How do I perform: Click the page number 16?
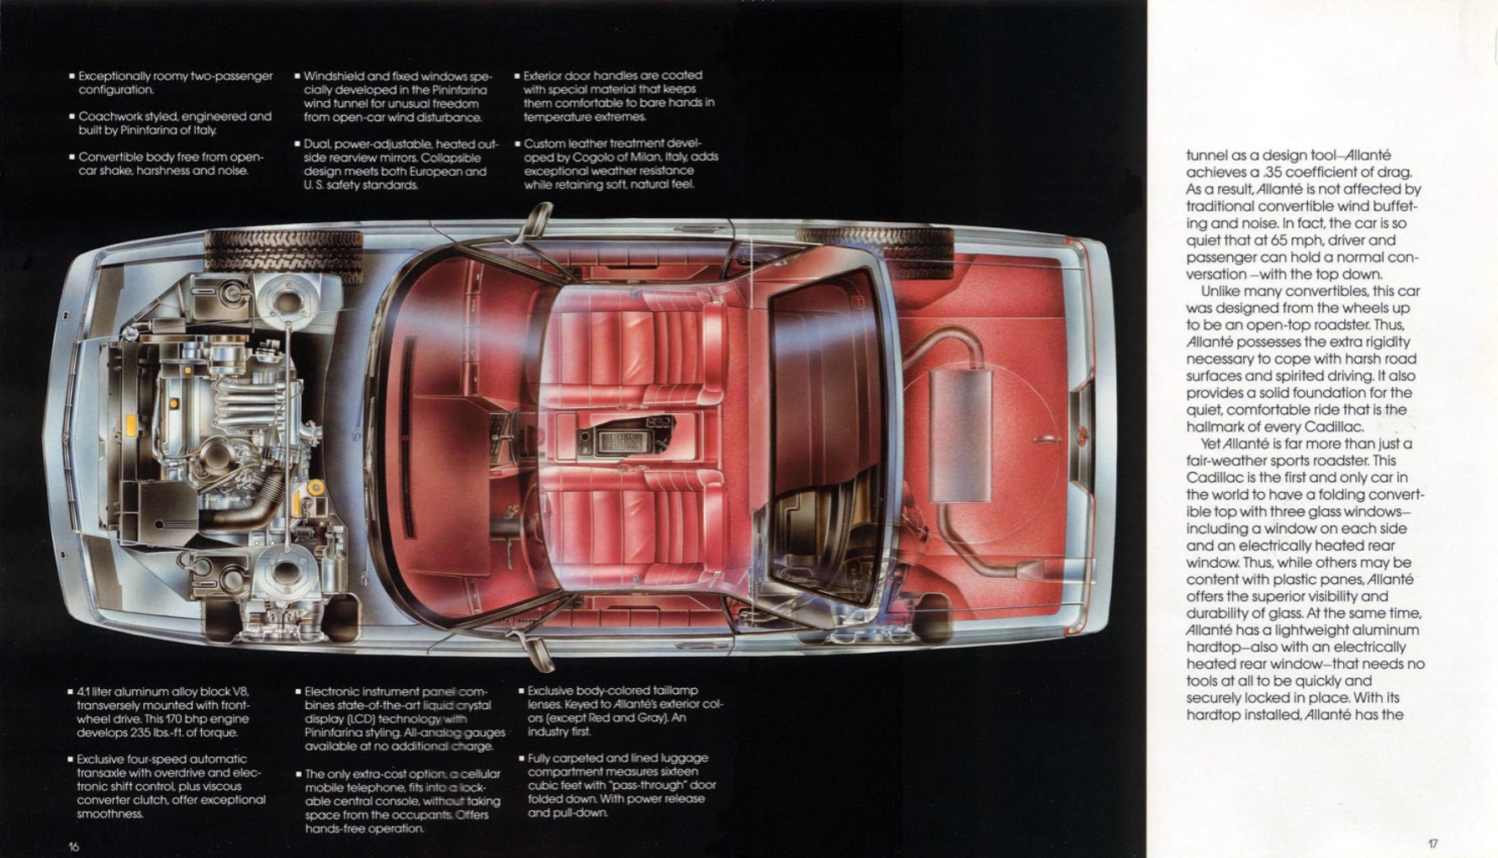(x=73, y=846)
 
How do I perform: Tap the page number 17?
(x=1432, y=844)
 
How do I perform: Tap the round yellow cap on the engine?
(x=315, y=487)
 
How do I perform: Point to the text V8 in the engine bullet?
(x=241, y=691)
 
